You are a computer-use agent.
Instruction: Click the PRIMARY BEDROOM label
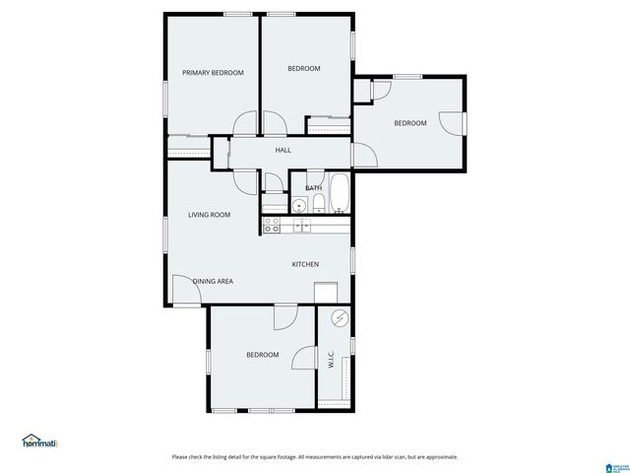[x=213, y=73]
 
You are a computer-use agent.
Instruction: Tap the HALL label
[x=283, y=150]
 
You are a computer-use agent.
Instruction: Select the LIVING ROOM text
[x=210, y=214]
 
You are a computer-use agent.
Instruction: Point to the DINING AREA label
[x=213, y=282]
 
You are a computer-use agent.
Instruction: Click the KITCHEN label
[x=305, y=264]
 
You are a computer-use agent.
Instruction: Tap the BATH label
[x=313, y=187]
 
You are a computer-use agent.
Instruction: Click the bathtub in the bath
[x=339, y=193]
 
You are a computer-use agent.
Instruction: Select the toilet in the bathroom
[x=319, y=204]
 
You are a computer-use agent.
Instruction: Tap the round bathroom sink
[x=297, y=205]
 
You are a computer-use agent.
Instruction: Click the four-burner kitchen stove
[x=273, y=226]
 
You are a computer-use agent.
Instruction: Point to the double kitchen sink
[x=302, y=226]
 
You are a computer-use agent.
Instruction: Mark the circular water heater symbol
[x=340, y=319]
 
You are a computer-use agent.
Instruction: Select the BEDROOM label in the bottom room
[x=262, y=355]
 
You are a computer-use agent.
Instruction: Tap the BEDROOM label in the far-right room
[x=409, y=123]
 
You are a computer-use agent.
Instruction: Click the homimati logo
[x=39, y=441]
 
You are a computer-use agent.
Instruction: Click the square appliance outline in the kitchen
[x=326, y=293]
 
